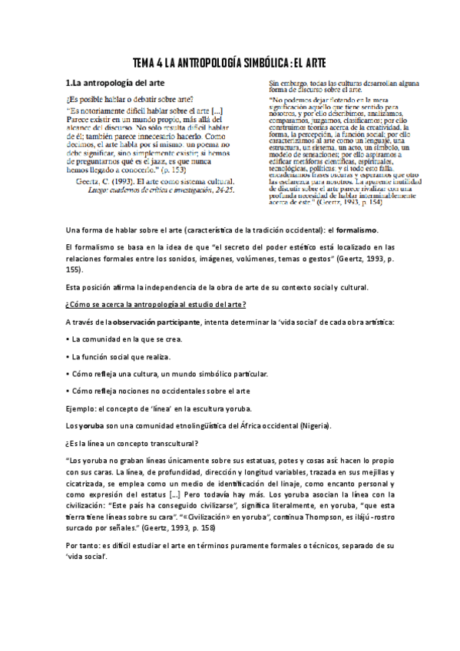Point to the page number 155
[72, 270]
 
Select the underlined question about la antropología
[158, 304]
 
